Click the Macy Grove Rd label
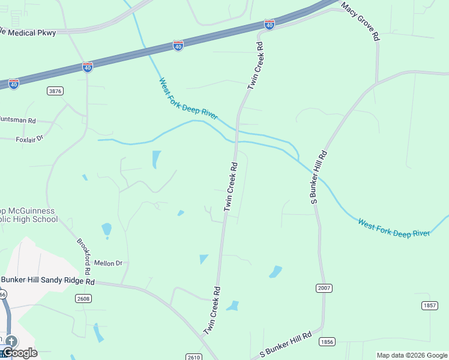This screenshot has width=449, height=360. pyautogui.click(x=361, y=22)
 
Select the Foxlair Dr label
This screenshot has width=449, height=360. pyautogui.click(x=29, y=139)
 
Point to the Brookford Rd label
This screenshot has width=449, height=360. pyautogui.click(x=83, y=256)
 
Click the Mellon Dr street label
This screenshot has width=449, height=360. pyautogui.click(x=108, y=263)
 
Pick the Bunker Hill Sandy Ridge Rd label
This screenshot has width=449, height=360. pyautogui.click(x=48, y=281)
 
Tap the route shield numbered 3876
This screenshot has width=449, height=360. pyautogui.click(x=55, y=91)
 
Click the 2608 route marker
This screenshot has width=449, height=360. pyautogui.click(x=83, y=298)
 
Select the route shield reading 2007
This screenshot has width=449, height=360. pyautogui.click(x=324, y=289)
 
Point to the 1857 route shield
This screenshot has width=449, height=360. pyautogui.click(x=429, y=305)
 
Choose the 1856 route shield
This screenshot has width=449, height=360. pyautogui.click(x=327, y=341)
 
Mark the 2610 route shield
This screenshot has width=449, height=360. pyautogui.click(x=193, y=357)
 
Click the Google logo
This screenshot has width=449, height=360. pyautogui.click(x=20, y=353)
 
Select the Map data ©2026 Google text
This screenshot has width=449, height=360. pyautogui.click(x=412, y=355)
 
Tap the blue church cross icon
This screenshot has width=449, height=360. pyautogui.click(x=10, y=341)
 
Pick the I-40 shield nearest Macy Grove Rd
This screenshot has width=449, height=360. pyautogui.click(x=270, y=24)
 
